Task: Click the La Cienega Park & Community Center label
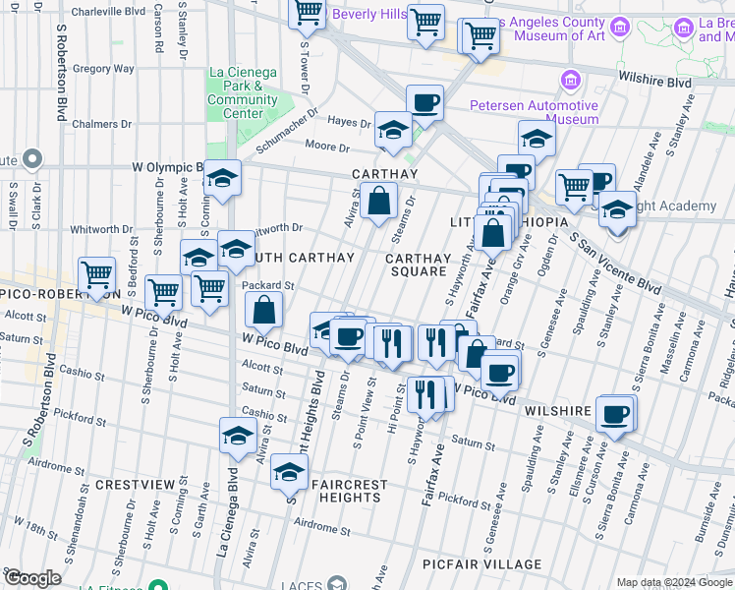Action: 242,93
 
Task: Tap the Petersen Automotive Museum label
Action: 534,112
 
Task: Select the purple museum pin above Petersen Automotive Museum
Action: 569,79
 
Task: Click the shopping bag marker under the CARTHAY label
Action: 378,202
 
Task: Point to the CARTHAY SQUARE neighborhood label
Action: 418,265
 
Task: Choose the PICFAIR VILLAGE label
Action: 481,564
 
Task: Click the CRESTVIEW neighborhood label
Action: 135,486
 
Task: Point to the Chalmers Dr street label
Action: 101,124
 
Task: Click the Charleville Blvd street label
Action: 109,12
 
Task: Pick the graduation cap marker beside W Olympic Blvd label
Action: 222,179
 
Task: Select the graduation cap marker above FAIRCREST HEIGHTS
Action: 288,473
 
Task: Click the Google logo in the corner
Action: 31,578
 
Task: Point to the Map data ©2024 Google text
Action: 673,582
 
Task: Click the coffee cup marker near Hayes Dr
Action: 424,102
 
